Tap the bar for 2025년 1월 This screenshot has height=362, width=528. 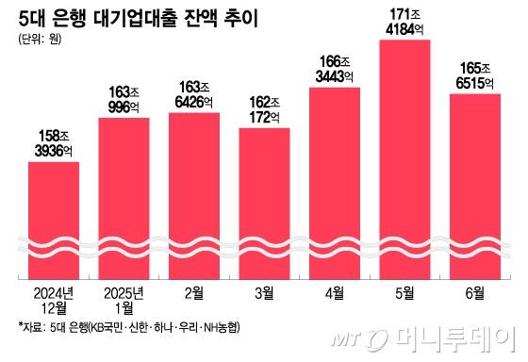(x=123, y=198)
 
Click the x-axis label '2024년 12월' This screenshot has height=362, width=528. (x=54, y=300)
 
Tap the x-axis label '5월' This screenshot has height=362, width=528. (x=404, y=293)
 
